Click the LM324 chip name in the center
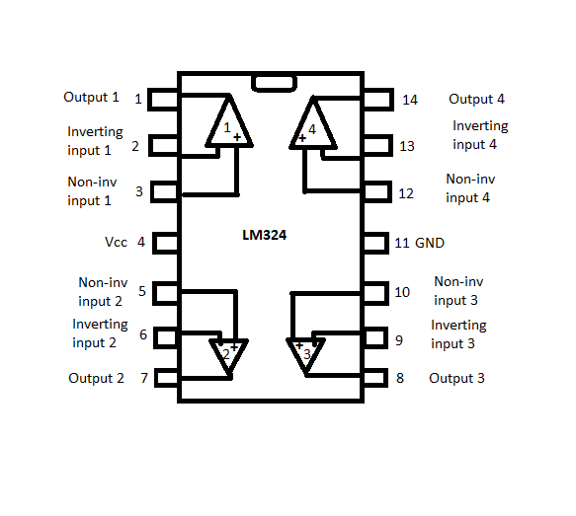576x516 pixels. click(x=264, y=235)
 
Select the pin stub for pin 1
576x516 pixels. click(x=163, y=100)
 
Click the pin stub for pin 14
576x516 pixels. click(x=378, y=100)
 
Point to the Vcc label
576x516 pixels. click(x=116, y=242)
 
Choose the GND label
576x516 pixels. click(x=430, y=243)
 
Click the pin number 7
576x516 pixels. click(x=144, y=378)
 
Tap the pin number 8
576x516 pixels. click(x=400, y=378)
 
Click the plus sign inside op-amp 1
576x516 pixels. click(x=237, y=137)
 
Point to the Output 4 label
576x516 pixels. click(x=476, y=99)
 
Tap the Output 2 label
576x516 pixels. click(x=96, y=378)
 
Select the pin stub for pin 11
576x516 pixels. click(x=376, y=243)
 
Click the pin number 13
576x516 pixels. click(x=407, y=146)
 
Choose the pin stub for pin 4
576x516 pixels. click(x=165, y=243)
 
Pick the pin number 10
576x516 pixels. click(x=402, y=292)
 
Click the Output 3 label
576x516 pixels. click(x=456, y=378)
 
